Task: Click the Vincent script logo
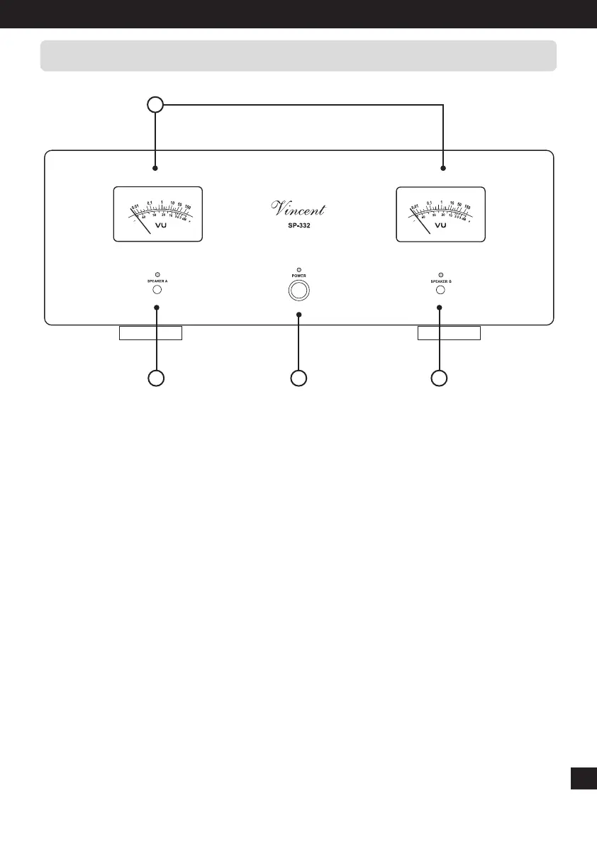[x=299, y=208]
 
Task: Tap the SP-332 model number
[x=298, y=226]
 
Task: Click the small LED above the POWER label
[x=298, y=270]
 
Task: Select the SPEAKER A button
[x=157, y=289]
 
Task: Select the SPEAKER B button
[x=440, y=289]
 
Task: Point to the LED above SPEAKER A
[x=157, y=274]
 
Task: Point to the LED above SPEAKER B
[x=440, y=274]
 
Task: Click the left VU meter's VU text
[x=160, y=225]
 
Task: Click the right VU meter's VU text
[x=440, y=225]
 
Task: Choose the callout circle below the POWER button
[x=298, y=378]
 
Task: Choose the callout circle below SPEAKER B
[x=440, y=378]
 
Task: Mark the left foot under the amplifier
[x=150, y=333]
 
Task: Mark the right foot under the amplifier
[x=448, y=333]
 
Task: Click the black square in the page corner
[x=581, y=777]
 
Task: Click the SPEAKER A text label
[x=157, y=281]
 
